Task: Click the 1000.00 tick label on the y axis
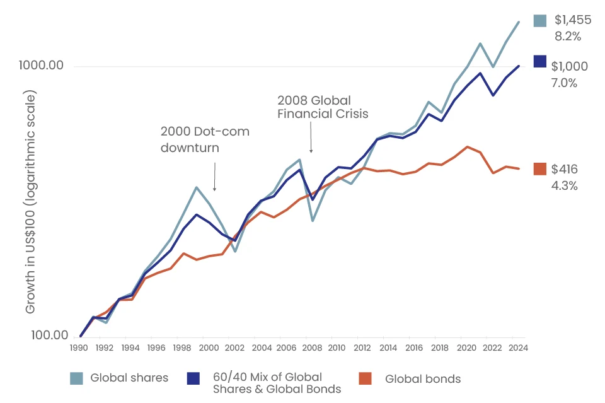42,66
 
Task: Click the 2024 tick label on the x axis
516,348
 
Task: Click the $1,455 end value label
572,20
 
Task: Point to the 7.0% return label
564,83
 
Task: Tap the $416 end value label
564,169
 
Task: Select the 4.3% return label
564,185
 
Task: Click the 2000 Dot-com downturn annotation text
205,139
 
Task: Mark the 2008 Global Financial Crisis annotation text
322,107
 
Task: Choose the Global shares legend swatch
76,378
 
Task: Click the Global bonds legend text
422,379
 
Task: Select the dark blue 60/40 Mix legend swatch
193,378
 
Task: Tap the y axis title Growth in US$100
31,202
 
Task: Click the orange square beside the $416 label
539,169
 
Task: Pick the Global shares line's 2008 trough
312,221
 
